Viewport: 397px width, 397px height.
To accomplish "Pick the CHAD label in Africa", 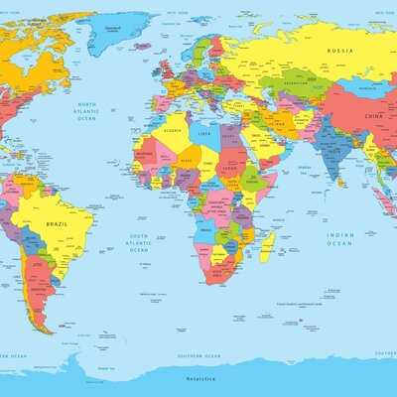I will coord(208,164).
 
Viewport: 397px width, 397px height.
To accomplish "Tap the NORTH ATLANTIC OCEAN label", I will coord(87,110).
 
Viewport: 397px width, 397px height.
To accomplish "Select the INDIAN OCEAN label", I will coord(339,238).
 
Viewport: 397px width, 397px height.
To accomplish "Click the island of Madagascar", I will coord(266,245).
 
